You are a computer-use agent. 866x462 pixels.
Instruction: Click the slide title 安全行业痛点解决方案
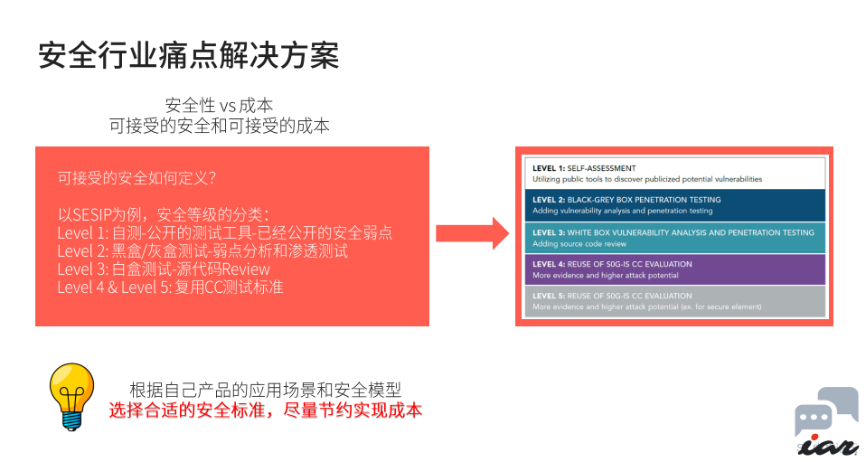(188, 55)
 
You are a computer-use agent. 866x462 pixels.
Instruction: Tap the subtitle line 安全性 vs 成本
(220, 106)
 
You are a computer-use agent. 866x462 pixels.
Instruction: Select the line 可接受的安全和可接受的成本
(220, 127)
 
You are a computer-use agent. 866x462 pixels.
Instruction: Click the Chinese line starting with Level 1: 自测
(224, 233)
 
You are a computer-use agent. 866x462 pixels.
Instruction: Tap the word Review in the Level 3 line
(246, 269)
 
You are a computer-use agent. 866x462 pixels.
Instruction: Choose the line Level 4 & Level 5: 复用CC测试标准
(170, 288)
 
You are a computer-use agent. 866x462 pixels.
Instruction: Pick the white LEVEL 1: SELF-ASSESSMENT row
(674, 173)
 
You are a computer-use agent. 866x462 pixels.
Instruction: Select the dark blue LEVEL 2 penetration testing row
(674, 204)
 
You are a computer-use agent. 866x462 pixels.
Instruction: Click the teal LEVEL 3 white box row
(674, 237)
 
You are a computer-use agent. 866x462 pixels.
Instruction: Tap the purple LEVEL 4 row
(674, 269)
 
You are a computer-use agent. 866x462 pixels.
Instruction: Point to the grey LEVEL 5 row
(674, 301)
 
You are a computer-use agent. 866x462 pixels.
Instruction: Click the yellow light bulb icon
(71, 396)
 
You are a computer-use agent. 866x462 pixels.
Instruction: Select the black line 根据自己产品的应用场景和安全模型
(265, 390)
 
